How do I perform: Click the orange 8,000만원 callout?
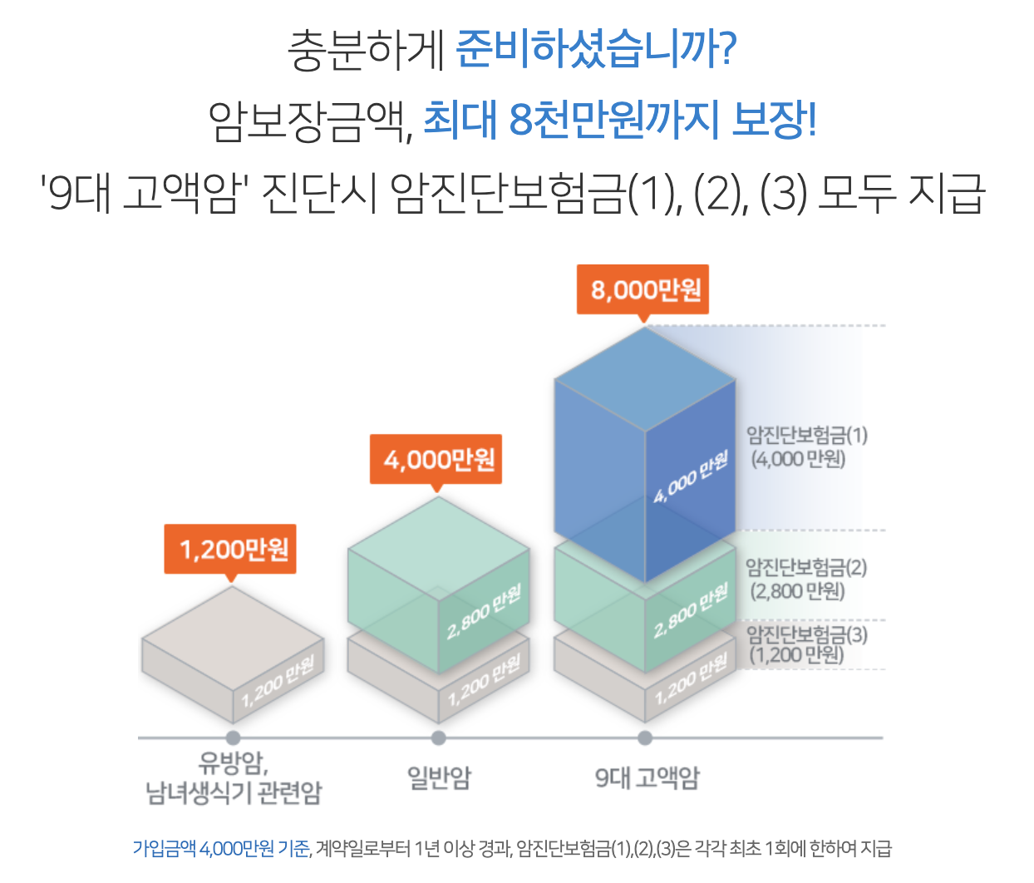(x=643, y=289)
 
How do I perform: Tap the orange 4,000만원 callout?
(x=436, y=459)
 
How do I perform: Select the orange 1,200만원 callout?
(x=230, y=549)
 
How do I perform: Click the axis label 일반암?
(x=439, y=777)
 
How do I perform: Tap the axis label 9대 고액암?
(x=647, y=777)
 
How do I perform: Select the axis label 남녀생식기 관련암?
(x=234, y=792)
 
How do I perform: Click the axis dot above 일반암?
(x=439, y=737)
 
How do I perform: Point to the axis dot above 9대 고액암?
(x=645, y=737)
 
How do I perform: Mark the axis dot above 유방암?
(x=233, y=737)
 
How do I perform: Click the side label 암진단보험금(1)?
(x=806, y=435)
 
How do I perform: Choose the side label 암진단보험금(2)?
(x=805, y=568)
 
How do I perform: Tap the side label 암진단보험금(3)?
(x=806, y=635)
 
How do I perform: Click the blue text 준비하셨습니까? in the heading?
(x=596, y=50)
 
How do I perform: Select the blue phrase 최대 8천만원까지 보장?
(x=619, y=120)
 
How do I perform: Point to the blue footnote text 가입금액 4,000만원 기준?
(x=221, y=848)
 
